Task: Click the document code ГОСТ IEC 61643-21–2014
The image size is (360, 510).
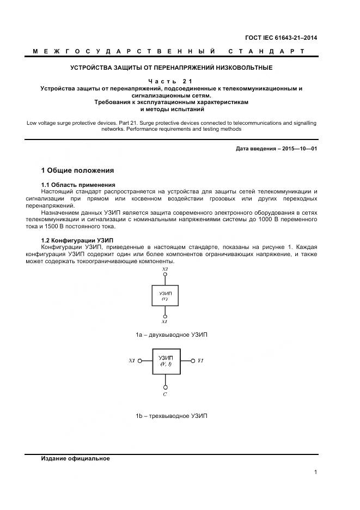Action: click(282, 38)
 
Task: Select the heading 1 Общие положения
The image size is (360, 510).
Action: click(78, 170)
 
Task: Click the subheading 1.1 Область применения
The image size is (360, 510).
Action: click(78, 185)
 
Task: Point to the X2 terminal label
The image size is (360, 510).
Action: click(165, 269)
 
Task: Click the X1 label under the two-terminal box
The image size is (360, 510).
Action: click(164, 322)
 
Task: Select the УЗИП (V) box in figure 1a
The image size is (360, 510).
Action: click(165, 295)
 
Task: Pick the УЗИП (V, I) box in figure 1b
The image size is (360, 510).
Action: click(165, 361)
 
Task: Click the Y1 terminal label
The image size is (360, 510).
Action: click(200, 361)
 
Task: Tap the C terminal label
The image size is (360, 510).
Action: click(165, 393)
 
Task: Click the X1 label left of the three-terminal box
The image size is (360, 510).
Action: click(131, 361)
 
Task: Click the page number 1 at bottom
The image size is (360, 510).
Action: click(316, 472)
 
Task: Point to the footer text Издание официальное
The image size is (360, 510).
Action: click(76, 458)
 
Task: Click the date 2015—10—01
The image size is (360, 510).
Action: click(299, 148)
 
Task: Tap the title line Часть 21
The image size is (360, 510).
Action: click(171, 81)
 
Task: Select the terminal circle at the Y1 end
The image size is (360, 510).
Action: click(192, 361)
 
